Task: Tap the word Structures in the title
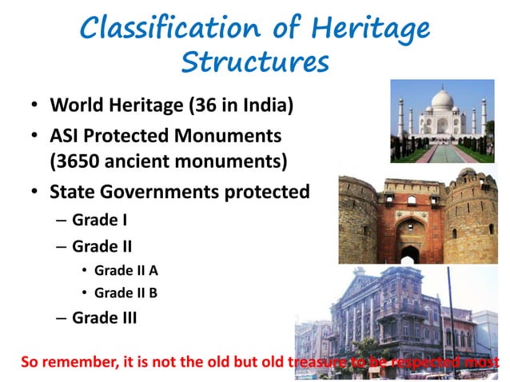click(254, 62)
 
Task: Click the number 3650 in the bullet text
click(78, 161)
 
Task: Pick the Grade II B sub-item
click(131, 292)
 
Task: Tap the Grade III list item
click(105, 317)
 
